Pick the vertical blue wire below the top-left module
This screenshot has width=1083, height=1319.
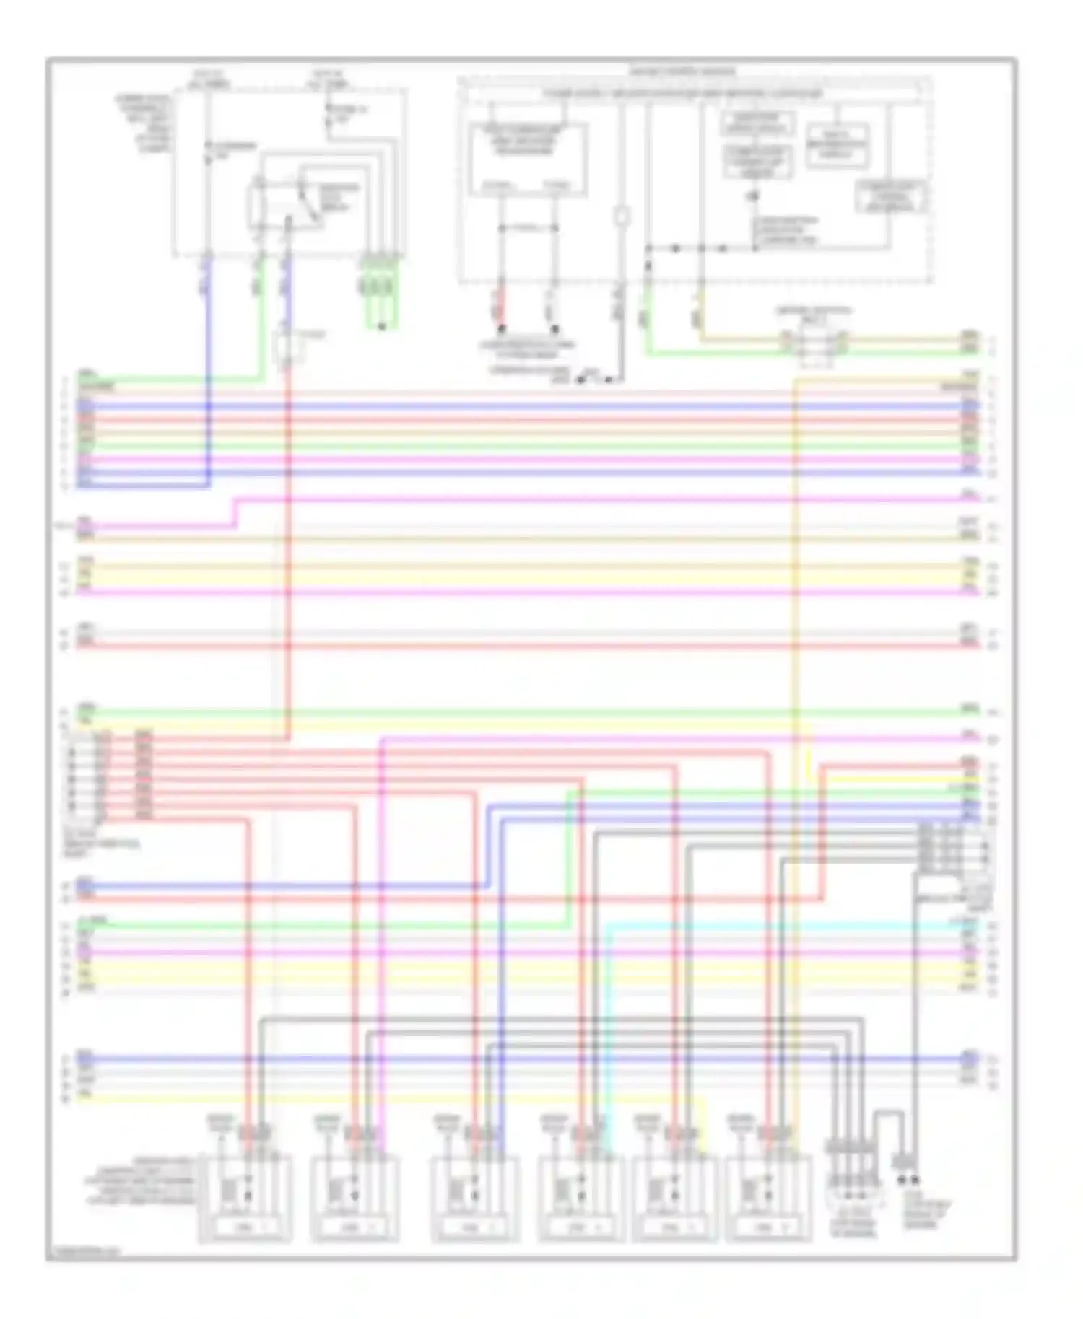[x=208, y=361]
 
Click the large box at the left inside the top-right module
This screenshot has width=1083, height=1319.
[x=528, y=159]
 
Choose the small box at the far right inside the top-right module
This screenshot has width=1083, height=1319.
[x=892, y=197]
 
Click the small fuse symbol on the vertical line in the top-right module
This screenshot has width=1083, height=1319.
[x=621, y=216]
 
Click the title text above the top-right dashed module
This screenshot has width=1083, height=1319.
[x=682, y=71]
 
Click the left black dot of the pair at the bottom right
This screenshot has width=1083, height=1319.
[x=902, y=1180]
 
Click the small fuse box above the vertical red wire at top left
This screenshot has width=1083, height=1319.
[x=287, y=349]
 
